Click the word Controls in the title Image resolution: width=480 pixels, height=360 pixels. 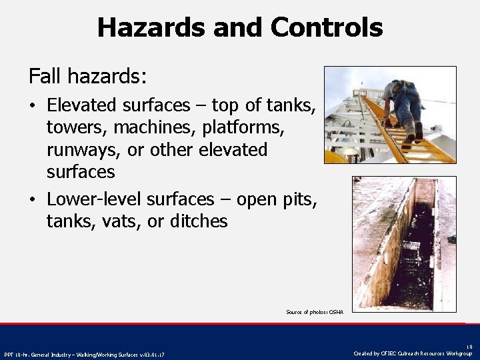coord(327,27)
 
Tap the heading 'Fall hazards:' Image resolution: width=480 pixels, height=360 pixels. coord(87,77)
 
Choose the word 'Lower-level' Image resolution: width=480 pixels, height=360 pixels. coord(94,199)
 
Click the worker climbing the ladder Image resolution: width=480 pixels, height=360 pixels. coord(403,107)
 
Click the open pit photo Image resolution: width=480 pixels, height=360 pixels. coord(404,243)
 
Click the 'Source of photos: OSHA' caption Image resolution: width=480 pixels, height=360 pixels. coord(314,312)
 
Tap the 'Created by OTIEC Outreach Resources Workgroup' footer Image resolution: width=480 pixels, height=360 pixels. coord(413,353)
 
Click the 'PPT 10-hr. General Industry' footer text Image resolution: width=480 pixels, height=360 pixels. coord(84,354)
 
